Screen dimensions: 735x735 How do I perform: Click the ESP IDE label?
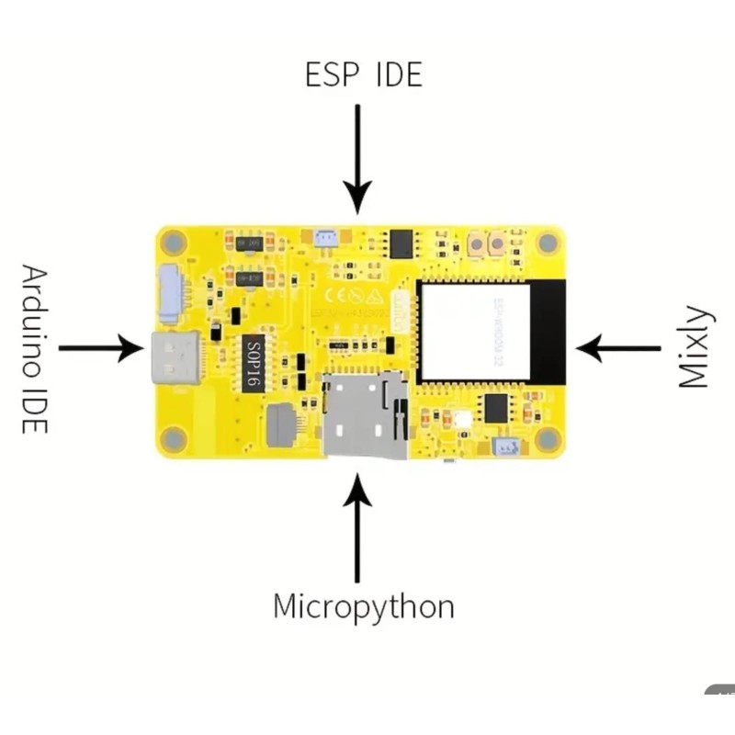[x=363, y=75]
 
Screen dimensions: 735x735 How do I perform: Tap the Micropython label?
[x=364, y=606]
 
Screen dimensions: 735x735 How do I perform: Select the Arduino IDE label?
[x=34, y=349]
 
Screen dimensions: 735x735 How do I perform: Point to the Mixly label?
[x=695, y=347]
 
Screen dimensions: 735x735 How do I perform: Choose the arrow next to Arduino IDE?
[x=101, y=348]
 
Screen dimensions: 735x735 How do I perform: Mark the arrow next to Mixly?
[x=617, y=348]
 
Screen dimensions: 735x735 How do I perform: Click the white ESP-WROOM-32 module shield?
[x=475, y=332]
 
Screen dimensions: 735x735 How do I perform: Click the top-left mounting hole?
[x=170, y=243]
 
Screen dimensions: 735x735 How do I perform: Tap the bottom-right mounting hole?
[x=548, y=440]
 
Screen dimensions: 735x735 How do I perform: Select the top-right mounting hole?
[x=548, y=243]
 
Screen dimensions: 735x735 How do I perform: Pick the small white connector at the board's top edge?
[x=324, y=238]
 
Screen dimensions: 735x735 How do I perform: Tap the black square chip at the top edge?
[x=402, y=243]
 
